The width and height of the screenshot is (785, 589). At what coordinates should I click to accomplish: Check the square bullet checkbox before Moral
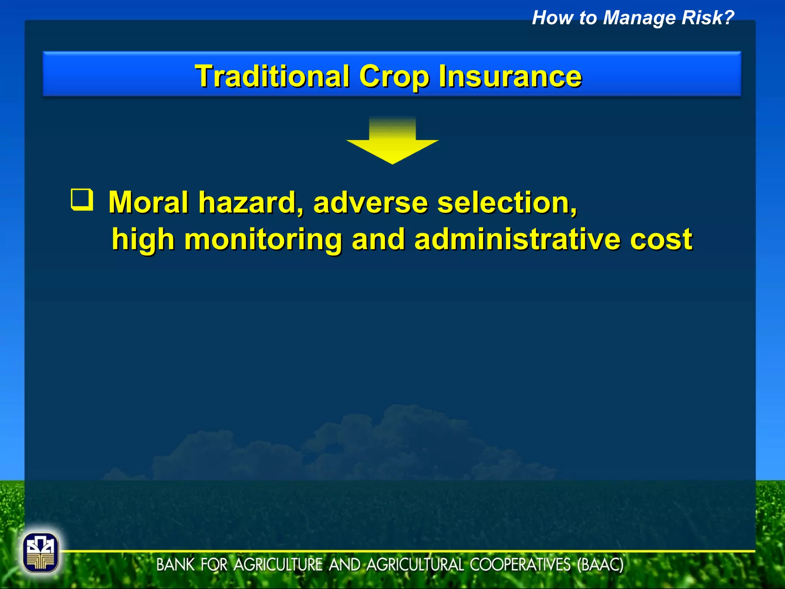pyautogui.click(x=82, y=199)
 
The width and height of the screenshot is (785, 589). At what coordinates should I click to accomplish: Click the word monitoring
pyautogui.click(x=263, y=239)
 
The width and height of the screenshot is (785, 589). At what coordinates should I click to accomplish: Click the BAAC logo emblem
pyautogui.click(x=41, y=553)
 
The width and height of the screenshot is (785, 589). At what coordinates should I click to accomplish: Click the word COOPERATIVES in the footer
pyautogui.click(x=520, y=565)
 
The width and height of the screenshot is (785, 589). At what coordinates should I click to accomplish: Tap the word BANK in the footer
pyautogui.click(x=176, y=565)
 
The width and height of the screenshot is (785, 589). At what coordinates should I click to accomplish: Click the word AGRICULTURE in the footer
pyautogui.click(x=278, y=565)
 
